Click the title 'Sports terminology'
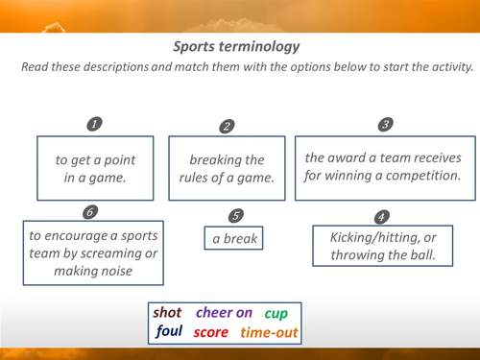236,46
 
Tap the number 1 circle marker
94,124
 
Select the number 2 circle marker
227,126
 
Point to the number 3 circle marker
385,124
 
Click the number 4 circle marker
382,216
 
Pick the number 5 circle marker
236,215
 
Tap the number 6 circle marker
90,212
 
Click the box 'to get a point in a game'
94,168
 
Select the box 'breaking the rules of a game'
227,168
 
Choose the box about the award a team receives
383,167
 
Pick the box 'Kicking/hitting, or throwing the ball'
382,246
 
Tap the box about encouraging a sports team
93,252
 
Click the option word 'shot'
168,313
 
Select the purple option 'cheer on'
224,313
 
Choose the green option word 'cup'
276,313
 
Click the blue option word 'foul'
169,333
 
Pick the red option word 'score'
210,333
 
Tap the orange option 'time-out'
269,333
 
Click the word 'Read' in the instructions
37,69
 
